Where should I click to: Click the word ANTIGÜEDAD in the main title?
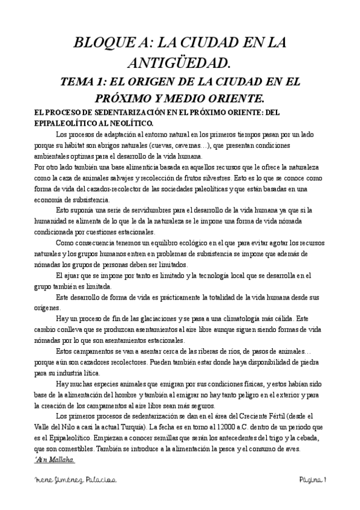tap(180, 62)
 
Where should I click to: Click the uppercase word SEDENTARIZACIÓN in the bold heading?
tap(112, 112)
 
